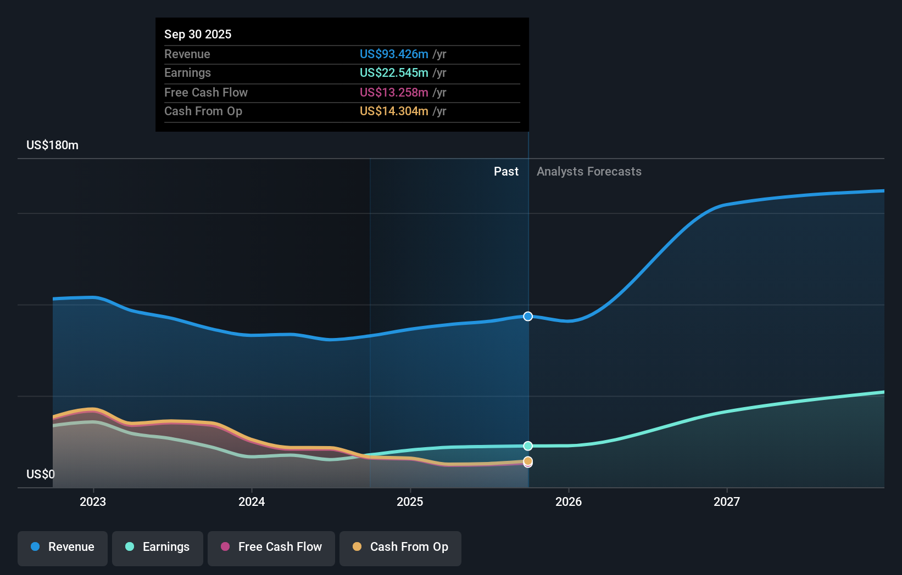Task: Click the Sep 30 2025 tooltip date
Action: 198,34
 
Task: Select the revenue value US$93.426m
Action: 394,54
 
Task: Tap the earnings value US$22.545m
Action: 394,72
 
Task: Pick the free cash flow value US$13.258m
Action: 394,92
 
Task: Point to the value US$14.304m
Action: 394,111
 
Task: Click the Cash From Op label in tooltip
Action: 203,111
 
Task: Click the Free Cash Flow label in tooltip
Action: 206,92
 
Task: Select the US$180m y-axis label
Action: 52,145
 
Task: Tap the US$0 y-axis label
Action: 41,474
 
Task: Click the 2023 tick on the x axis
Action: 93,501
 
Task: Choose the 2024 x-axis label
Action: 252,501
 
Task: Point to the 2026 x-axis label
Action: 569,501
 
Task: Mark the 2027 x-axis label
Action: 727,501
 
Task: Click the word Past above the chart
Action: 506,171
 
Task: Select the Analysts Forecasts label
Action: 589,171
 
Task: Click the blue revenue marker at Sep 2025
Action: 528,316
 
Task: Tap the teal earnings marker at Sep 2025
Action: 528,446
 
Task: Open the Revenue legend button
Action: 63,546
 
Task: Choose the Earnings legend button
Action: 158,546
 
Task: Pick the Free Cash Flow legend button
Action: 271,546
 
